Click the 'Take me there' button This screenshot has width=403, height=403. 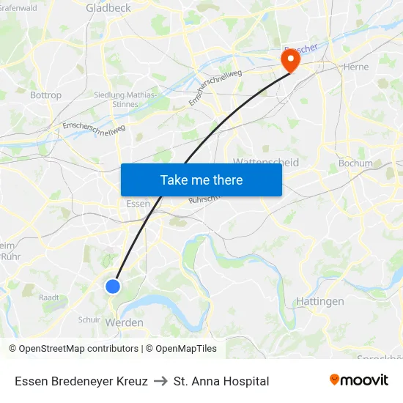[x=202, y=180]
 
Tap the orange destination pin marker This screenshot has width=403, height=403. [x=291, y=59]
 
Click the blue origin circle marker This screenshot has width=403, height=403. [x=113, y=286]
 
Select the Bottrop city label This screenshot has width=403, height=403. [x=46, y=95]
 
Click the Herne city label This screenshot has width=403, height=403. [x=356, y=66]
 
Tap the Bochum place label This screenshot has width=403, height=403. [x=355, y=163]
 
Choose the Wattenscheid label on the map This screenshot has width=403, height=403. [x=265, y=162]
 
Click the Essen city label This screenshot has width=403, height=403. [x=138, y=204]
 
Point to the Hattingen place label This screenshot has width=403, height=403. [x=320, y=301]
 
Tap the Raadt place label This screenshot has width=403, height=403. [x=49, y=297]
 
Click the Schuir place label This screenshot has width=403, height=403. [x=89, y=319]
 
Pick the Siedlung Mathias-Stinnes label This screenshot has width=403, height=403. [x=126, y=99]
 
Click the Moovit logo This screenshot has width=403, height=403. [x=358, y=380]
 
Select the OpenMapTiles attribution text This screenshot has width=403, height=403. [x=181, y=349]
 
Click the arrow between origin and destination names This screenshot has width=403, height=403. [x=160, y=381]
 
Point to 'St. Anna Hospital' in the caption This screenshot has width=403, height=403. [x=221, y=381]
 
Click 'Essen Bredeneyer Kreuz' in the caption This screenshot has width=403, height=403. [x=81, y=381]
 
